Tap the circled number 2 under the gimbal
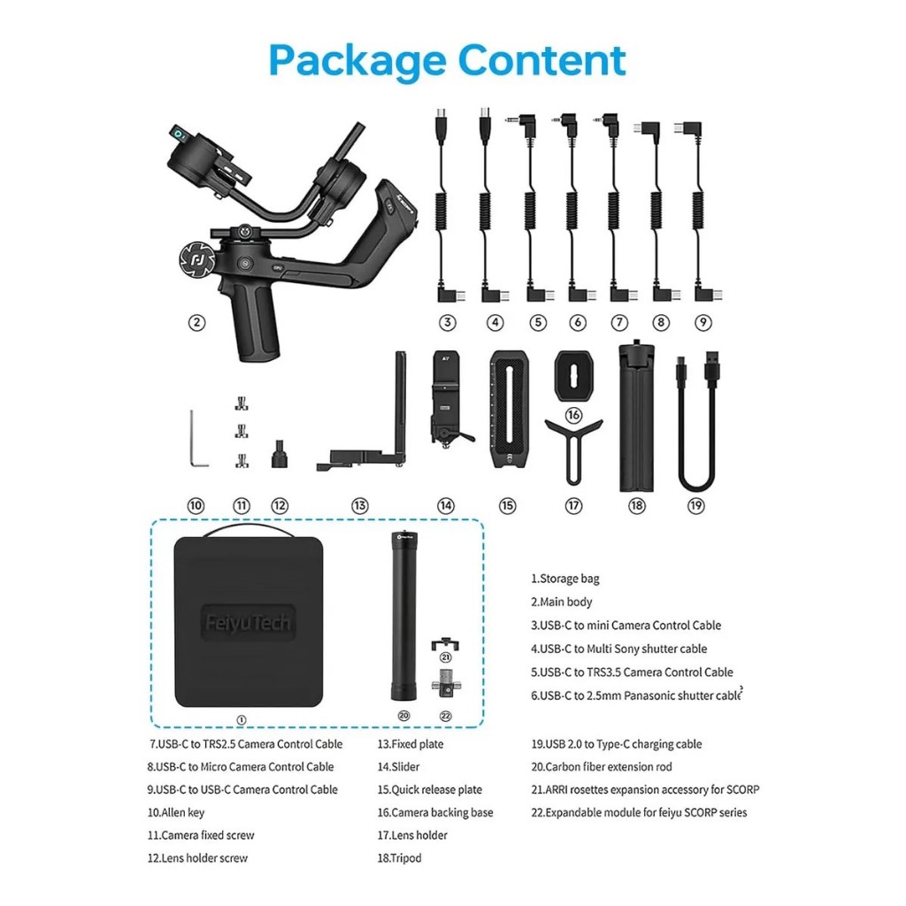coord(197,322)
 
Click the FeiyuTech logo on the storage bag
coord(248,623)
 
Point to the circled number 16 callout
coord(573,415)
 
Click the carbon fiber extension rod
coord(403,616)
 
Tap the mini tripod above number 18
coord(637,415)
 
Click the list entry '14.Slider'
coord(398,767)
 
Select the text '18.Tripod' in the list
coord(399,858)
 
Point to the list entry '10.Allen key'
coord(176,812)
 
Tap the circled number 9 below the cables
coord(703,322)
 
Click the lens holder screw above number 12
coord(280,454)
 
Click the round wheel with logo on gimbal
coord(196,261)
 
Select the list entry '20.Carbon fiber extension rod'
coord(602,767)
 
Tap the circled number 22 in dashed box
coord(446,716)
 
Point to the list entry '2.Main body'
coord(562,602)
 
